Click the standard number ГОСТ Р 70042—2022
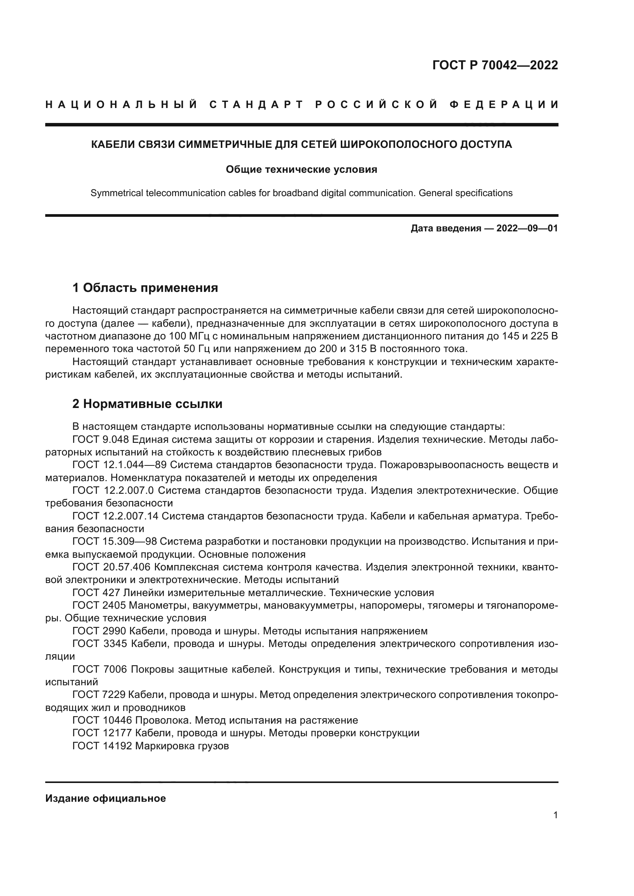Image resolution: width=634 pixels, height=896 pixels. [x=495, y=65]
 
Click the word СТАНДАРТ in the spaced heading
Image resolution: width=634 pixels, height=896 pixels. [x=256, y=105]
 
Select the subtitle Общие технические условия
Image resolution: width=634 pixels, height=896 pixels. [x=301, y=169]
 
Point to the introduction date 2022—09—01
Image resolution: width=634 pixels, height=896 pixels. [x=527, y=228]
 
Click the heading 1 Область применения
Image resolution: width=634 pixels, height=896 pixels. [x=145, y=288]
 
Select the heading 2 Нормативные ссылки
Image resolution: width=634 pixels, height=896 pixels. [x=147, y=403]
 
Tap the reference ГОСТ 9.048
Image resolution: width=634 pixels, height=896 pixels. [x=101, y=439]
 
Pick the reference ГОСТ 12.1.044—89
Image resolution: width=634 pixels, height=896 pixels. [x=120, y=465]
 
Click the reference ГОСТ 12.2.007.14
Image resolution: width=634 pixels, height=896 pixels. [x=115, y=516]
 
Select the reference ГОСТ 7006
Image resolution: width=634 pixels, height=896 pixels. [x=100, y=669]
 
